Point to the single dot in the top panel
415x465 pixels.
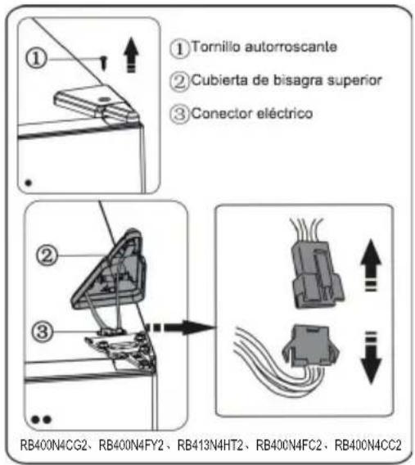pyautogui.click(x=29, y=182)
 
